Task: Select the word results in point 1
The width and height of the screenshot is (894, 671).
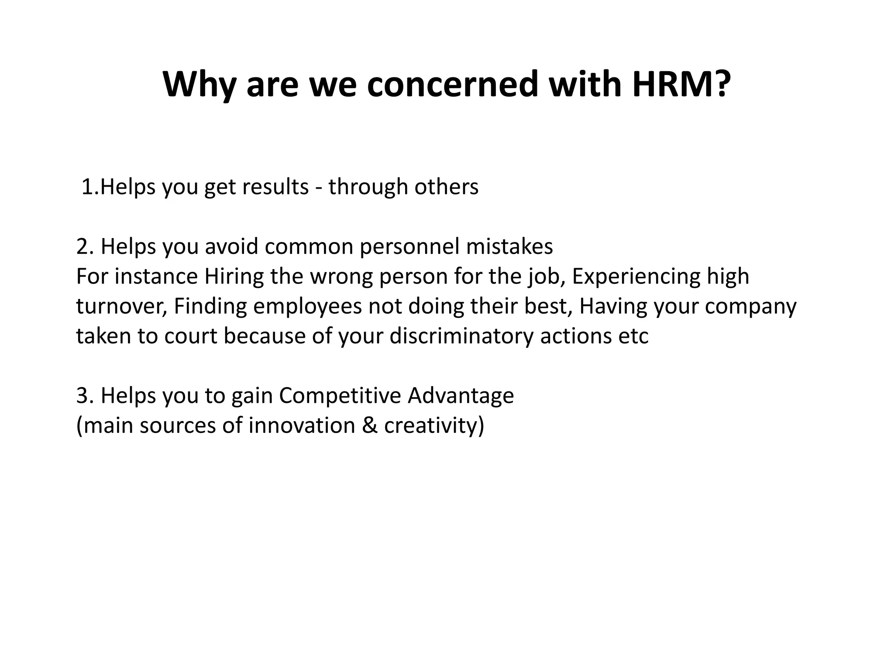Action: pyautogui.click(x=275, y=187)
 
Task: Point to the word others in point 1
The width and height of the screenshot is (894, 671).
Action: pyautogui.click(x=446, y=187)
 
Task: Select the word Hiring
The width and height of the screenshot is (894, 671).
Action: pyautogui.click(x=234, y=277)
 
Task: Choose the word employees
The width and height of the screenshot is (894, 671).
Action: pyautogui.click(x=307, y=307)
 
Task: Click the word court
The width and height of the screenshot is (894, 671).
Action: pyautogui.click(x=190, y=336)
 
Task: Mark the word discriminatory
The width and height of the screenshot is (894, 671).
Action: pyautogui.click(x=461, y=336)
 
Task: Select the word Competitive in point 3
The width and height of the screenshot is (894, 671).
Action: pyautogui.click(x=340, y=396)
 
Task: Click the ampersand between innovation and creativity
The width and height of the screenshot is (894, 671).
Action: pyautogui.click(x=369, y=425)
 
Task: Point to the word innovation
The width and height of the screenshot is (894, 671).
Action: pyautogui.click(x=302, y=425)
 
